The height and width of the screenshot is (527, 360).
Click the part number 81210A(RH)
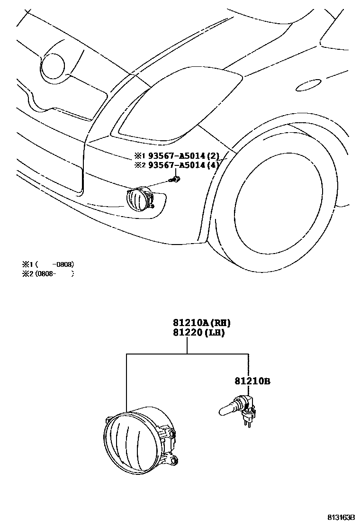(198, 323)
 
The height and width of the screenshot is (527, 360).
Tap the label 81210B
(253, 381)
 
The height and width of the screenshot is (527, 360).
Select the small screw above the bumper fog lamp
(176, 179)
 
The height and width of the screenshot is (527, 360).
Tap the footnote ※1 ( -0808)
(47, 264)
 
